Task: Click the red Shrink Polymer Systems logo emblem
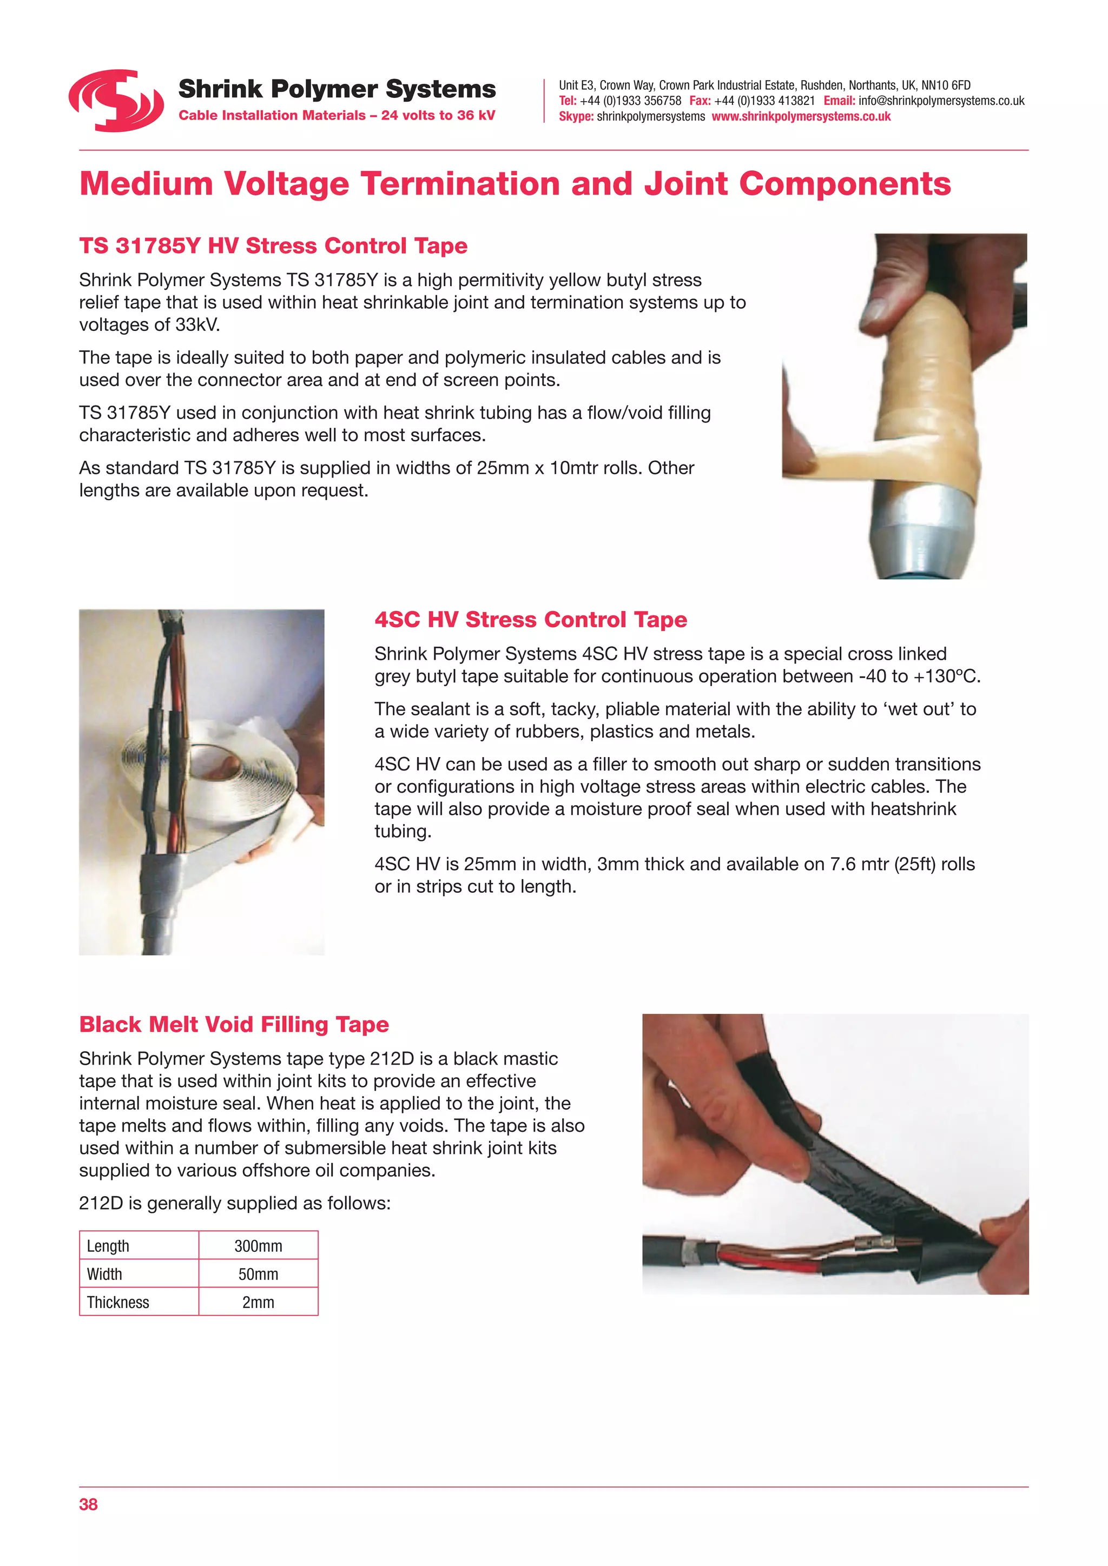116,101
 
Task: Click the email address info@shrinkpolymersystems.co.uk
941,101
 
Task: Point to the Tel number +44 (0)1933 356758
630,101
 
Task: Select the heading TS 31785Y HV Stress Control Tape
273,245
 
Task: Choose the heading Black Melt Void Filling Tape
234,1025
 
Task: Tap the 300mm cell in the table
258,1246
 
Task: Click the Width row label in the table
104,1274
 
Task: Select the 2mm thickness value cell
258,1302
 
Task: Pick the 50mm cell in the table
258,1274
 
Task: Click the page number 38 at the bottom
88,1504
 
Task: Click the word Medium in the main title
146,184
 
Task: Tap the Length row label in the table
108,1246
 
